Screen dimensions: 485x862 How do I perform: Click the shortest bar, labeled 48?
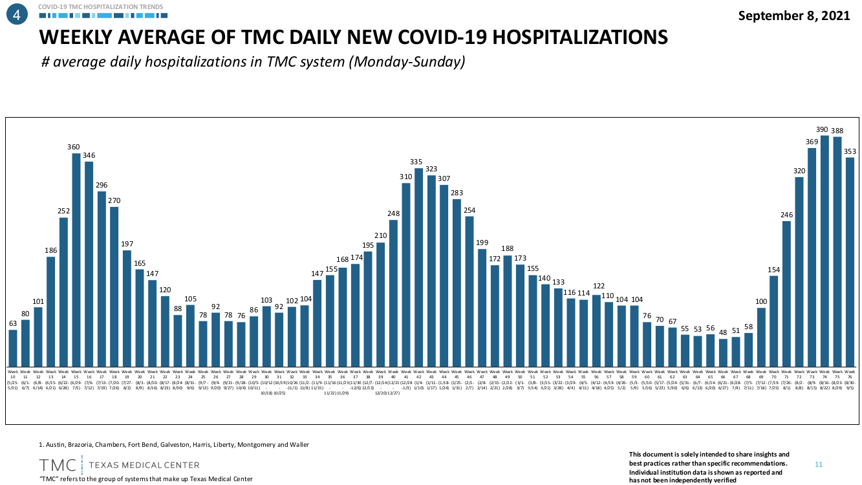(x=723, y=352)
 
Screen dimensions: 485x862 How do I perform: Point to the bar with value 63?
(x=13, y=348)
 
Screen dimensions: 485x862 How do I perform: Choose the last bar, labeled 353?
(x=850, y=262)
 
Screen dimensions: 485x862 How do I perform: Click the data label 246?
(x=786, y=215)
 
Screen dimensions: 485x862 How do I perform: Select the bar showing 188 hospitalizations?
(x=508, y=310)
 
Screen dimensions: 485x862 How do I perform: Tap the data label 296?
(x=102, y=185)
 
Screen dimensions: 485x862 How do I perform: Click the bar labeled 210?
(x=381, y=304)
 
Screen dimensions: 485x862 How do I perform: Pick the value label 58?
(x=748, y=327)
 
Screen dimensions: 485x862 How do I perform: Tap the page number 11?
(x=818, y=464)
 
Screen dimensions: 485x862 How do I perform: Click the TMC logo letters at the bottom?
(x=58, y=465)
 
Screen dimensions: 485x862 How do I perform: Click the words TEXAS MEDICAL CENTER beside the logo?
(x=144, y=465)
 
